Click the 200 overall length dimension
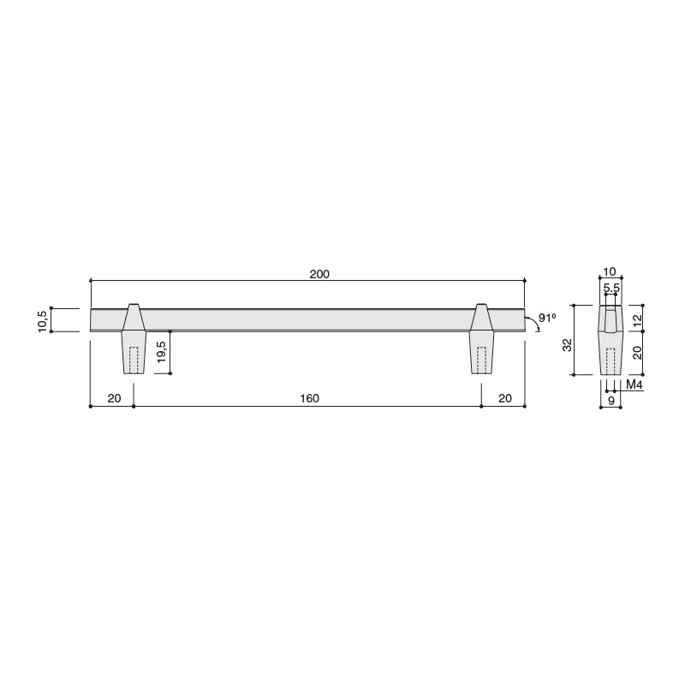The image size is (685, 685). click(x=319, y=274)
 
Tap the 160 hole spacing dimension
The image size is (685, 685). click(x=309, y=398)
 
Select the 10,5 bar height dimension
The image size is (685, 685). click(x=43, y=320)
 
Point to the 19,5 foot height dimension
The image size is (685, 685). click(x=161, y=352)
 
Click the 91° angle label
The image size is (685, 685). click(x=546, y=318)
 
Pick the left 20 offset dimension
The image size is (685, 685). click(x=114, y=398)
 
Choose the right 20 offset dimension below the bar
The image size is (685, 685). click(x=504, y=398)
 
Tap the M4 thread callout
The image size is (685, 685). click(x=634, y=384)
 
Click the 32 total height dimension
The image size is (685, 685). click(x=567, y=345)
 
